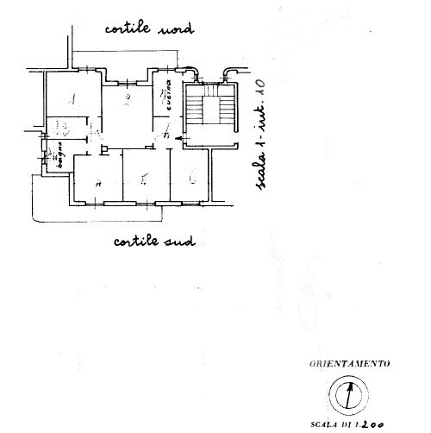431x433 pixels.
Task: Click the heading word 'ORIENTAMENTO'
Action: click(349, 364)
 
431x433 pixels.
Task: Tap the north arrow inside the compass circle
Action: click(348, 397)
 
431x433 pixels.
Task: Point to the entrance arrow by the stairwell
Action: click(178, 137)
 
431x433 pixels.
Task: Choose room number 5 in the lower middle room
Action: click(144, 179)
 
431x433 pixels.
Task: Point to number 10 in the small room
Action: click(61, 129)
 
